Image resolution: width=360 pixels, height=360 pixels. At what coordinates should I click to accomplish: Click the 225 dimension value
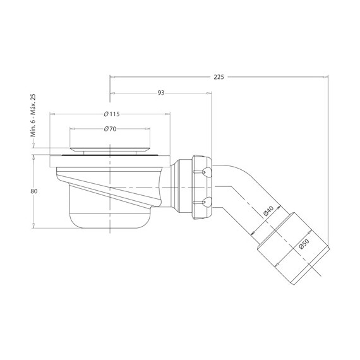coord(219,77)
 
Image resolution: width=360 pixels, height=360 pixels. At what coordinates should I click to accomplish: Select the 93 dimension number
coord(161,93)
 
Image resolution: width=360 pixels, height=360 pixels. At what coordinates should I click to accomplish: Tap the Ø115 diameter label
coord(112,114)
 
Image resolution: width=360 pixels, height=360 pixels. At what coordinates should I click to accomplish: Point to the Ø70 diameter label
coord(110,129)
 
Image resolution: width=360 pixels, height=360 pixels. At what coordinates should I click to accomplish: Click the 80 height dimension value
coord(33,191)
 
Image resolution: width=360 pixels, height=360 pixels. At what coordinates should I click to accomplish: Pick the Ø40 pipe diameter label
coord(268,211)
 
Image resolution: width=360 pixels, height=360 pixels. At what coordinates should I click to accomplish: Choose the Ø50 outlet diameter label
coord(304,244)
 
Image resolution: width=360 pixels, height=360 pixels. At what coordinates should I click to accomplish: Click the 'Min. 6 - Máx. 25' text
coord(33,116)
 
